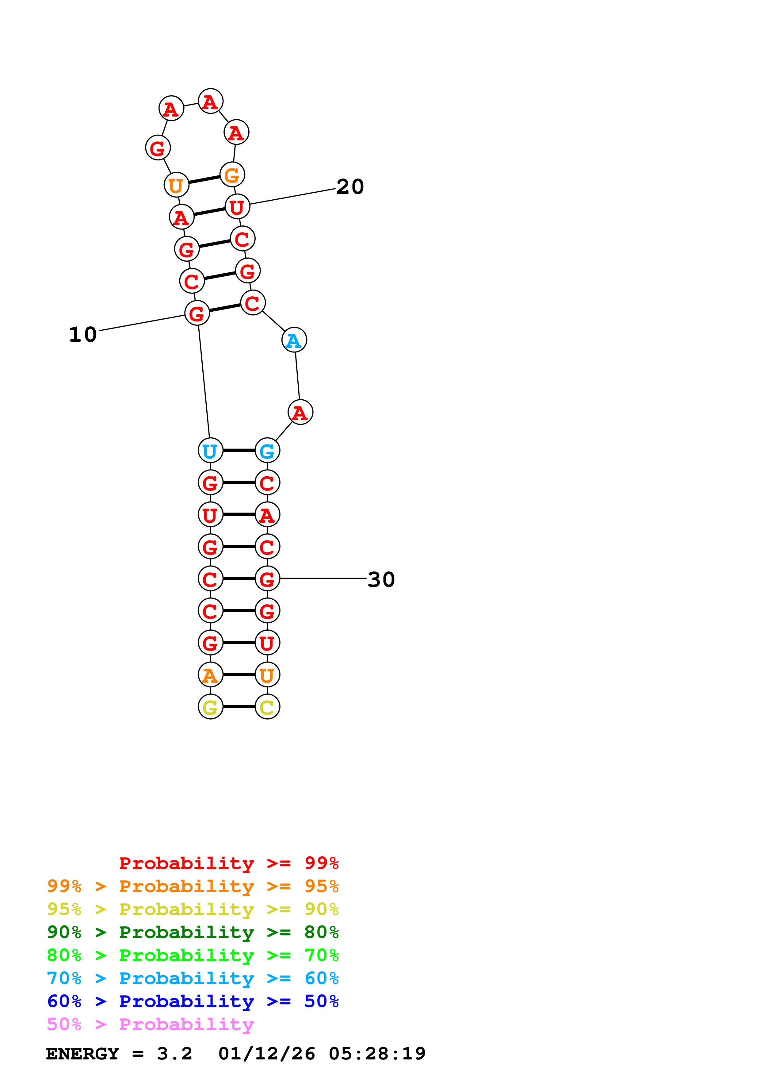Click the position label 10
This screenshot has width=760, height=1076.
point(83,335)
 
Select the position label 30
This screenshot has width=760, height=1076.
point(381,580)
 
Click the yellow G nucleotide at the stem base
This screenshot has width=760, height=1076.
point(210,707)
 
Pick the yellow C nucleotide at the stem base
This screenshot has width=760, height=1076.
point(267,707)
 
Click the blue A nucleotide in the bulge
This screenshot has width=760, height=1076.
point(294,340)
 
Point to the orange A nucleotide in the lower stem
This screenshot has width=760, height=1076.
point(210,675)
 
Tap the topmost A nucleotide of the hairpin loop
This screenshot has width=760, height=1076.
point(210,101)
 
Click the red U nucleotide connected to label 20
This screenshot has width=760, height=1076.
point(237,207)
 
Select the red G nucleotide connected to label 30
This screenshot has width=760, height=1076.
point(267,579)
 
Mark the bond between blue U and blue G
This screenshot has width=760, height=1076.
point(239,450)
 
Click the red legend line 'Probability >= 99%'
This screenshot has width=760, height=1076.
point(228,863)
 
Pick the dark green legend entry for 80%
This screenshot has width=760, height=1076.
point(193,932)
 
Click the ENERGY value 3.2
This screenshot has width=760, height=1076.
point(174,1054)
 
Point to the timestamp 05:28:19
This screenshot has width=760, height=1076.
point(377,1054)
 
